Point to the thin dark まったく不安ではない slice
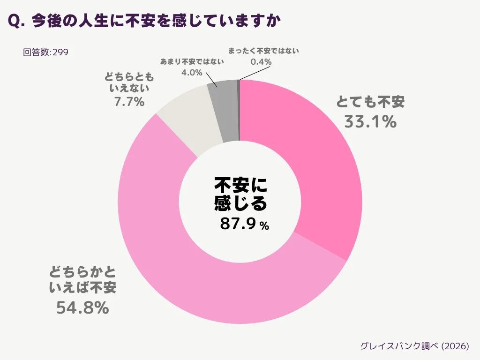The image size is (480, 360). coord(239,110)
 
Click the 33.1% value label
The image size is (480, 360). coord(370,122)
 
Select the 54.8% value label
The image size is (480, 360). coord(82,308)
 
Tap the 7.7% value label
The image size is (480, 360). coord(129,101)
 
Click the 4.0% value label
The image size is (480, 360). coord(192,73)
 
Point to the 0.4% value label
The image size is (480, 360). coord(261,61)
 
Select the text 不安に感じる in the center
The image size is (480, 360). coord(240,194)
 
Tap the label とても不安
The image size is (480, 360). coord(370,102)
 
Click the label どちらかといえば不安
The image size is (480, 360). coord(82,279)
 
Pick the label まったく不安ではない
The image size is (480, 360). coord(263,51)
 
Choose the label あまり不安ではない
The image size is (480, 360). coord(192,61)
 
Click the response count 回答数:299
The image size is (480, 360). coord(45,52)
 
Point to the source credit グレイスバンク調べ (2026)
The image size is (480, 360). coord(414,346)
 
